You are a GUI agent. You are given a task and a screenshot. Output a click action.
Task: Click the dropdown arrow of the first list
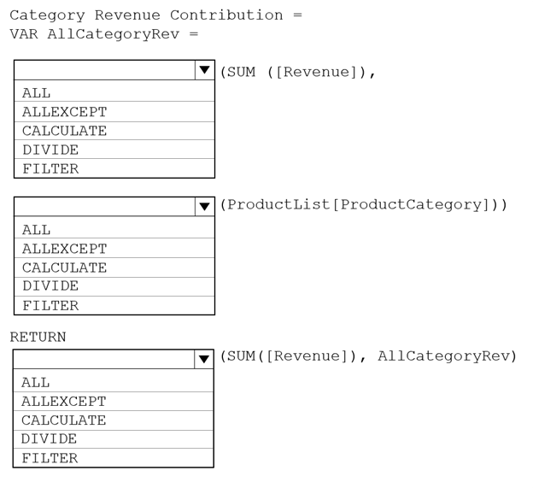(205, 70)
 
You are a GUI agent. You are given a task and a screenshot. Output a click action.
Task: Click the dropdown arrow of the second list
(205, 207)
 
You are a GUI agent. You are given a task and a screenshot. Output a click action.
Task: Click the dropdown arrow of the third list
(204, 359)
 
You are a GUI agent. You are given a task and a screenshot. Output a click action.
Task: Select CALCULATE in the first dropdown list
(65, 131)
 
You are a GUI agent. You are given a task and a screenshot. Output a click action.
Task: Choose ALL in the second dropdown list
(37, 230)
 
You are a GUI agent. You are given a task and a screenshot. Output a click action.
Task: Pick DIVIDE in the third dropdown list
(50, 439)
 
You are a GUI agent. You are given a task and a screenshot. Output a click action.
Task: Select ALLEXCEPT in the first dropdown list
(65, 112)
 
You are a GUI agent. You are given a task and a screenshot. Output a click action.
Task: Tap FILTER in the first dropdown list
(50, 169)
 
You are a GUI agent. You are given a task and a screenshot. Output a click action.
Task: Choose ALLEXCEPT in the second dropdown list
(65, 249)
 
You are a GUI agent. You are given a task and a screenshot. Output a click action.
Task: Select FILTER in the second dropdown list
(50, 306)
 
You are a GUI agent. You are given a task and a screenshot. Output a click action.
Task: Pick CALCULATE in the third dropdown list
(64, 420)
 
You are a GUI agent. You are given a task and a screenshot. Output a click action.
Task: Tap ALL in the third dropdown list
(36, 383)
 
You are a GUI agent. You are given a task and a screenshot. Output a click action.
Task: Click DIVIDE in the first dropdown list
(50, 150)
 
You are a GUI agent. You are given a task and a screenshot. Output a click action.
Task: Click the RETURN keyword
(38, 337)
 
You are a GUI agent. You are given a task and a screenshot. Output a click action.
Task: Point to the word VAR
(24, 34)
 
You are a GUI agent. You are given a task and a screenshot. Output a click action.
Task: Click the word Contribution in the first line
(226, 15)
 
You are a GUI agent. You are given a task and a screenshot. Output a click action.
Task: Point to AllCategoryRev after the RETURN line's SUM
(443, 356)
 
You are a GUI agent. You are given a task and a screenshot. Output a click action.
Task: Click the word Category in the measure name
(47, 15)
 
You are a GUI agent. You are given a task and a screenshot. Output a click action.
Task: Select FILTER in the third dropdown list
(50, 458)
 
